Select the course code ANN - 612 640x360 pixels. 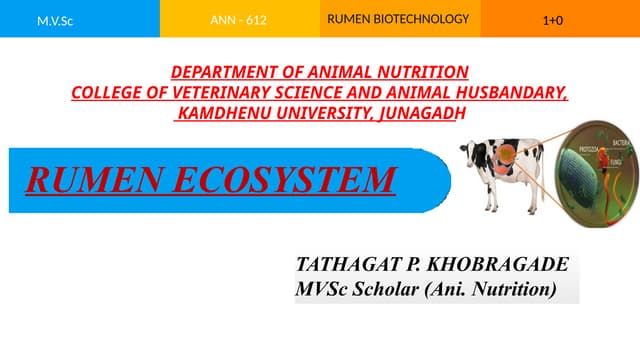point(238,20)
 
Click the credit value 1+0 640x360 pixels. point(552,20)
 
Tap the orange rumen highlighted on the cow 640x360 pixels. point(508,157)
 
